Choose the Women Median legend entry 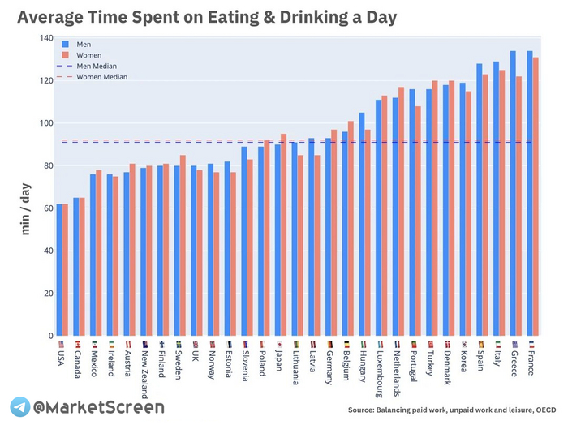[101, 76]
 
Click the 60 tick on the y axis [46, 208]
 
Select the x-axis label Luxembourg [379, 373]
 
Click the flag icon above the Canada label [76, 343]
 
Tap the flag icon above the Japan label [278, 343]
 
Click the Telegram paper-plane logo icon [19, 407]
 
